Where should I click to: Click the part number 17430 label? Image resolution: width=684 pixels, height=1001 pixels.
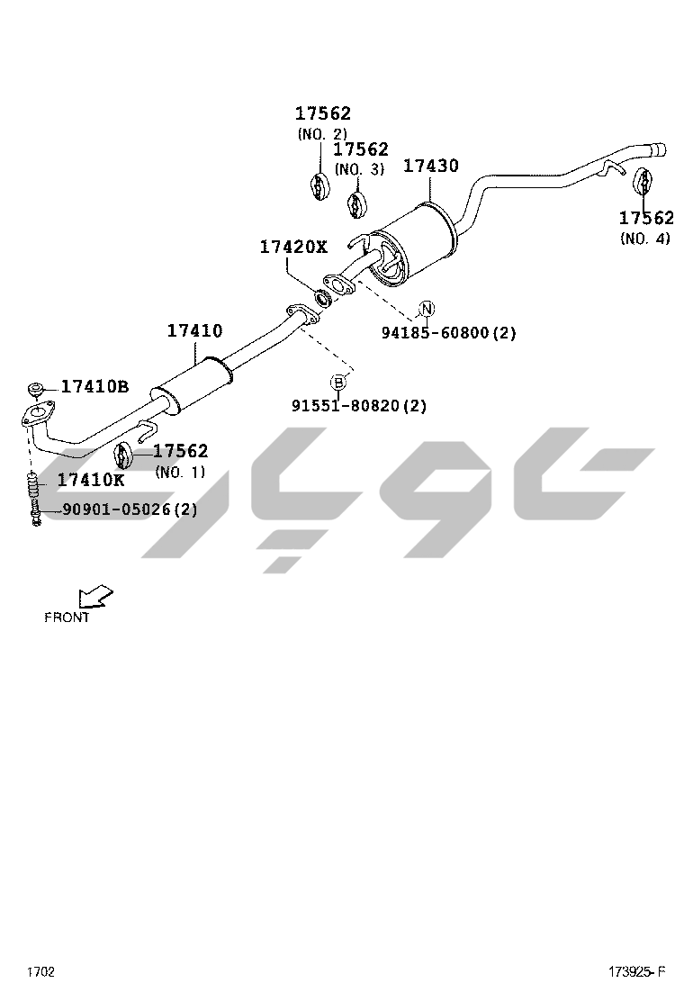(x=431, y=166)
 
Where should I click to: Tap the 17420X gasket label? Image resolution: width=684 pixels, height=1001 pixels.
(x=292, y=247)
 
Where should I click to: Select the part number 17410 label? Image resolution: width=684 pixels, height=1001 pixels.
(x=195, y=330)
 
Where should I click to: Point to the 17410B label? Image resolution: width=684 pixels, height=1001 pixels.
(x=94, y=386)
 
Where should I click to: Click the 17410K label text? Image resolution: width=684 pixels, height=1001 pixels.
(x=91, y=480)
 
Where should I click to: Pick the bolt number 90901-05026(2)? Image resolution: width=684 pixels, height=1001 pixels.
(x=130, y=510)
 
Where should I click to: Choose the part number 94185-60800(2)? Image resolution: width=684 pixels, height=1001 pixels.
(x=448, y=332)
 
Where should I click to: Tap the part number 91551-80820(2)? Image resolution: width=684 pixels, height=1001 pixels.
(x=359, y=405)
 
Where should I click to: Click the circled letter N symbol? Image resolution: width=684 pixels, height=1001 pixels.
(x=427, y=309)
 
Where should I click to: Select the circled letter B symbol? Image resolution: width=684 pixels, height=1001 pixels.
(x=338, y=383)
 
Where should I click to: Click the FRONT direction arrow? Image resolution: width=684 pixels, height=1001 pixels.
(x=95, y=597)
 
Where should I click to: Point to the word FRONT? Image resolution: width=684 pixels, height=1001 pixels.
(x=67, y=618)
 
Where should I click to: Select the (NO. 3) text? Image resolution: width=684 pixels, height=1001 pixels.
(x=360, y=170)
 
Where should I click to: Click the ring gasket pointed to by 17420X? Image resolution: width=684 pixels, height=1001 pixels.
(x=323, y=297)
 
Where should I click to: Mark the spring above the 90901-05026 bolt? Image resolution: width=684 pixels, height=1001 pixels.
(x=34, y=488)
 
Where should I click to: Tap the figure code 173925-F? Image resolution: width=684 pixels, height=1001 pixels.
(x=636, y=971)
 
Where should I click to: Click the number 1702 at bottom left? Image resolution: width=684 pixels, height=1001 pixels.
(x=40, y=971)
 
